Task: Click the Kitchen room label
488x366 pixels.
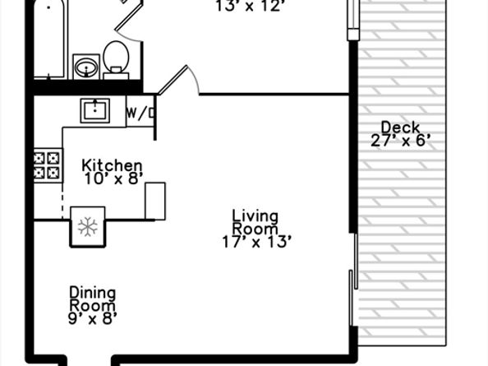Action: [x=112, y=165]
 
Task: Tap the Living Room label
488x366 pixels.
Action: [x=256, y=222]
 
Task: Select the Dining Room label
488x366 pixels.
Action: [x=93, y=299]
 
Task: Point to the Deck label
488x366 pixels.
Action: [x=401, y=127]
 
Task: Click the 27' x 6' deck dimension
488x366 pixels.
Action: [x=401, y=141]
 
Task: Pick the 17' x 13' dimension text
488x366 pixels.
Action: [x=257, y=242]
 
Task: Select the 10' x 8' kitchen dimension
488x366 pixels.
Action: [x=113, y=178]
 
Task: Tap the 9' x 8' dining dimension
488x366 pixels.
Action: [x=93, y=318]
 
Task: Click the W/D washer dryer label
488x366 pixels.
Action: [x=140, y=113]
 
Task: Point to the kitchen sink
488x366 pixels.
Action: [x=95, y=110]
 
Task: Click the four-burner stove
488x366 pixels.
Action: [x=48, y=165]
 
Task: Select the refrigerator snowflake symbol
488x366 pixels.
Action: [x=87, y=226]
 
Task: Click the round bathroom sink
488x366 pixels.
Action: [x=86, y=67]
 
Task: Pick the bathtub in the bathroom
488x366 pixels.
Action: [x=50, y=39]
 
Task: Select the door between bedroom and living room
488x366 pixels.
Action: [x=178, y=80]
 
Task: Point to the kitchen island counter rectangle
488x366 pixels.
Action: [x=155, y=202]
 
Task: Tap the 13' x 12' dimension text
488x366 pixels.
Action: [x=249, y=7]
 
